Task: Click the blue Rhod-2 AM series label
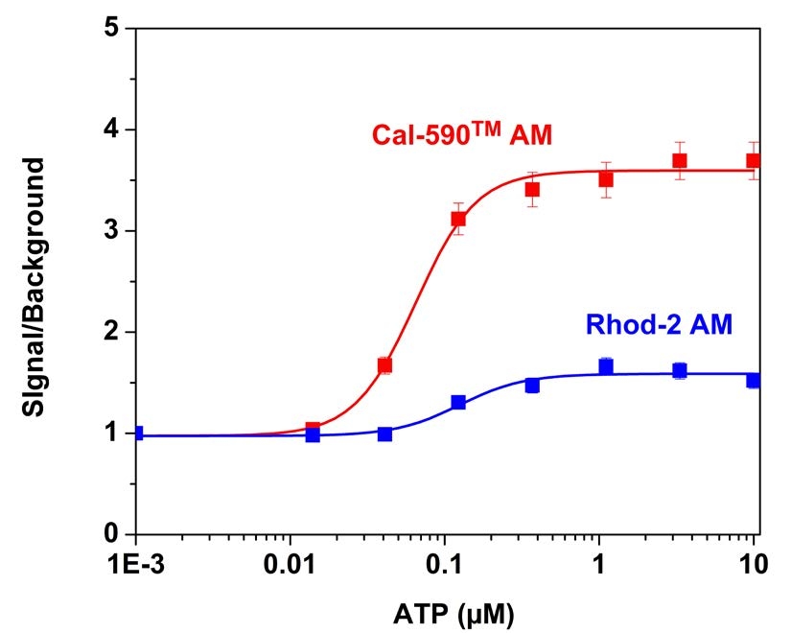660,326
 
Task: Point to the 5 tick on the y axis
117,29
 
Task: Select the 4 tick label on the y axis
117,129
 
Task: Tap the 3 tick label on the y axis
117,231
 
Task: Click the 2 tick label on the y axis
117,333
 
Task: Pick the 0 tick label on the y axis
117,534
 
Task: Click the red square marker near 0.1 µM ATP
458,219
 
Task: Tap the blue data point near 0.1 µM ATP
458,402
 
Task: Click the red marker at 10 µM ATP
754,160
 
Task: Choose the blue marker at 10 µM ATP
754,380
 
